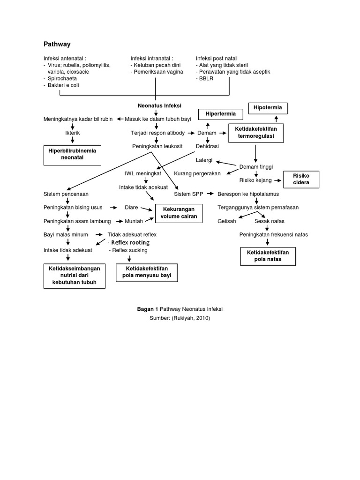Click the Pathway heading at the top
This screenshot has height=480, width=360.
tap(57, 44)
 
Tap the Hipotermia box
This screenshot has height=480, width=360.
tap(268, 108)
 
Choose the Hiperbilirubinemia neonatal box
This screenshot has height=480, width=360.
tap(72, 155)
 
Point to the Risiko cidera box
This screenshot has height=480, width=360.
tap(301, 179)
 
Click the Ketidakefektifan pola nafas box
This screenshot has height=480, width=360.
tap(268, 255)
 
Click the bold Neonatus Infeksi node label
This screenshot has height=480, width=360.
tap(159, 106)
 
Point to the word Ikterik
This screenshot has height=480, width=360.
tap(72, 133)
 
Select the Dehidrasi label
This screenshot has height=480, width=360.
tap(207, 146)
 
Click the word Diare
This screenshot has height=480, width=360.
tap(131, 207)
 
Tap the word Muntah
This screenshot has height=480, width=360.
tap(134, 221)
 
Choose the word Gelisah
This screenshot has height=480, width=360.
tap(227, 221)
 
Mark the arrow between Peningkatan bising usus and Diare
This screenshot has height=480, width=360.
tap(113, 207)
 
